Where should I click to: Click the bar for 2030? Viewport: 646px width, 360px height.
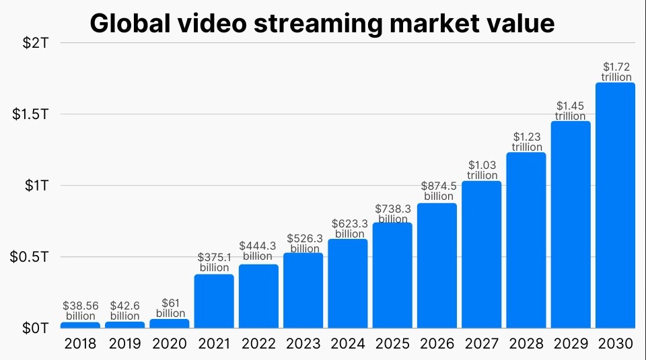(x=615, y=205)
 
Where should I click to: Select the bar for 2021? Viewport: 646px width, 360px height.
(x=214, y=301)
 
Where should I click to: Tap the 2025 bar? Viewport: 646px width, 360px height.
(x=392, y=275)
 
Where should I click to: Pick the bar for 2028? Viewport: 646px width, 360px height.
(x=526, y=240)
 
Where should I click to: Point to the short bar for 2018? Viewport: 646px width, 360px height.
(x=80, y=325)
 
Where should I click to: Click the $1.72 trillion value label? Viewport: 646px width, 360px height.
(x=616, y=71)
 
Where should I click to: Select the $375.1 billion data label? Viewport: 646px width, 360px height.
(x=214, y=262)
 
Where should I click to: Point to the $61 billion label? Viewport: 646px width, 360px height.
(x=170, y=308)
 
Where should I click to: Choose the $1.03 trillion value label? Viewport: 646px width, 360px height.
(x=482, y=170)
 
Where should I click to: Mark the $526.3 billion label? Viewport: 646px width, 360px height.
(x=303, y=243)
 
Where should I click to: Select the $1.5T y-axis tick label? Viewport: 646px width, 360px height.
(x=31, y=114)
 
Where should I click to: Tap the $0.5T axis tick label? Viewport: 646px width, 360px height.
(x=31, y=257)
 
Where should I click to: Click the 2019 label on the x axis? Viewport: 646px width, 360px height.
(x=125, y=344)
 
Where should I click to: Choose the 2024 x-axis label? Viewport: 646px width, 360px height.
(x=348, y=344)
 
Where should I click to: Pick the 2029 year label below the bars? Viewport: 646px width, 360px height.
(x=571, y=344)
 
